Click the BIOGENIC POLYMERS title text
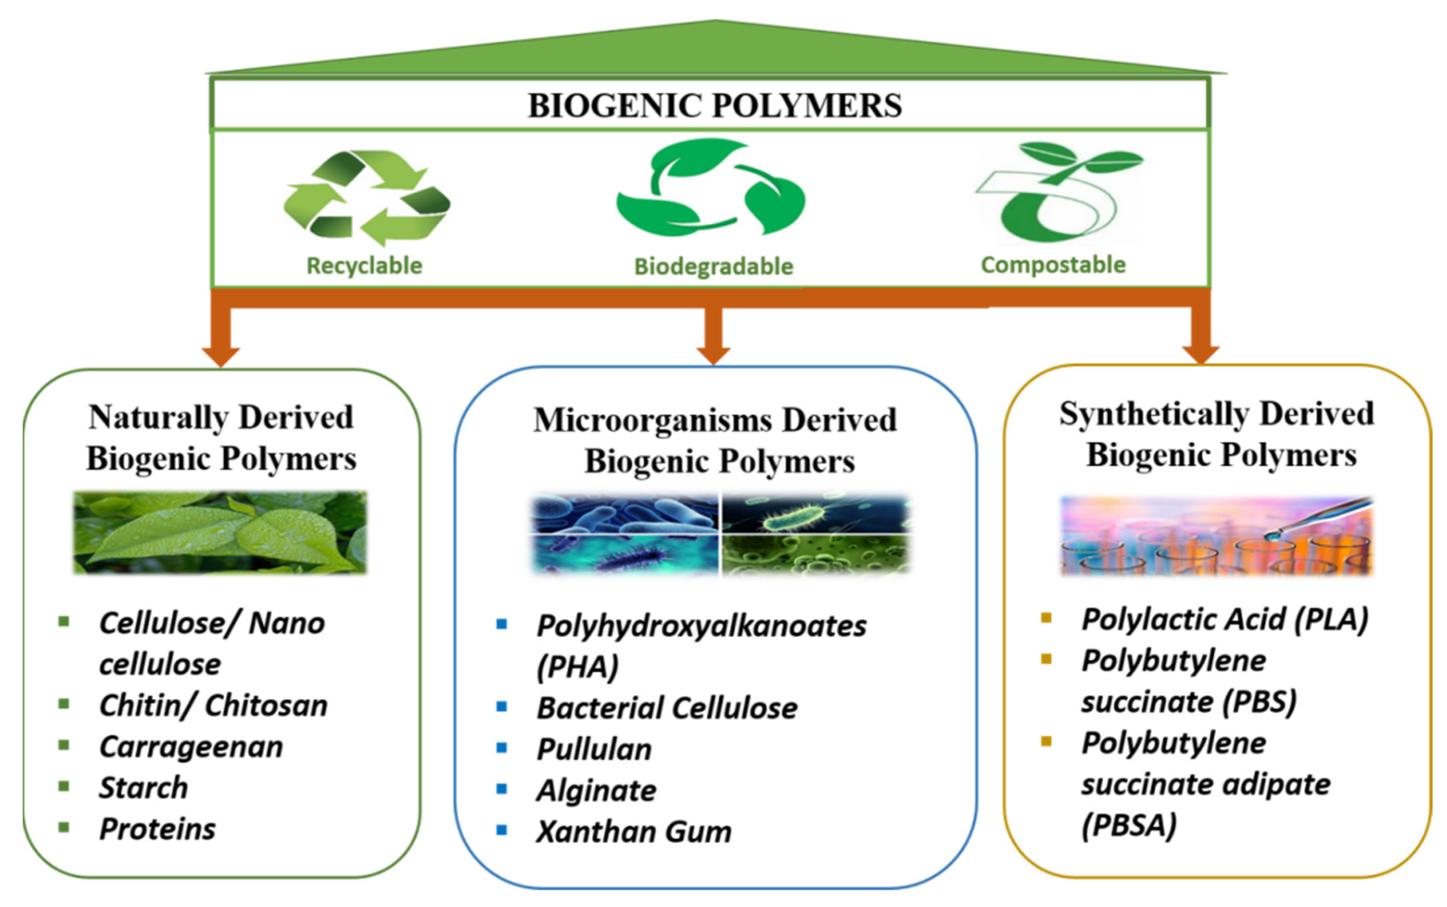pyautogui.click(x=714, y=106)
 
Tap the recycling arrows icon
pyautogui.click(x=367, y=198)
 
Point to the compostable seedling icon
pyautogui.click(x=1058, y=192)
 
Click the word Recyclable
pyautogui.click(x=365, y=266)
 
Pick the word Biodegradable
pyautogui.click(x=713, y=267)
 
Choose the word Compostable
pyautogui.click(x=1053, y=265)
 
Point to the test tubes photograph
pyautogui.click(x=1216, y=536)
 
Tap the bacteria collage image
pyautogui.click(x=721, y=534)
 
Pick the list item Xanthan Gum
pyautogui.click(x=633, y=832)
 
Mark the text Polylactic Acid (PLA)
pyautogui.click(x=1224, y=620)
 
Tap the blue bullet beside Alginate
pyautogui.click(x=502, y=789)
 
